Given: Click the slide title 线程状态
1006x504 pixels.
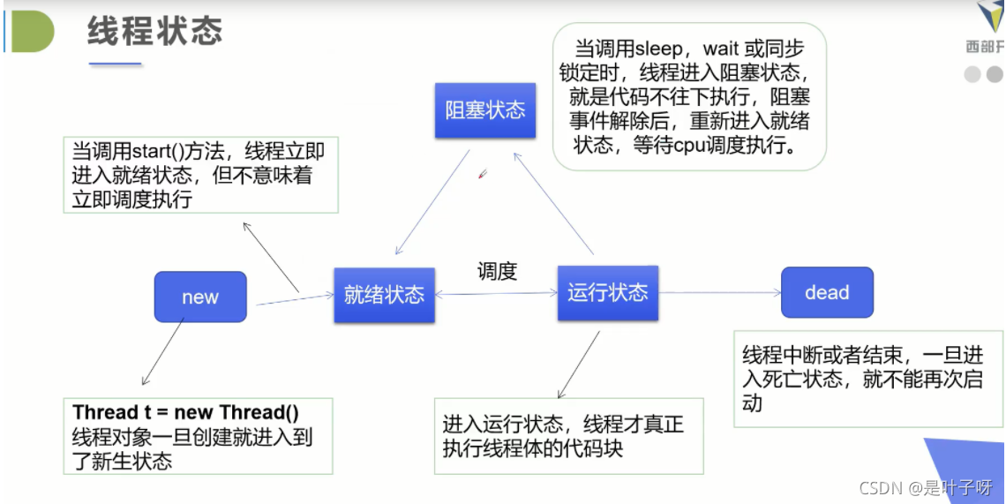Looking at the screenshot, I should [x=154, y=32].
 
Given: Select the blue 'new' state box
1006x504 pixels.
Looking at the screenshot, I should [x=200, y=297].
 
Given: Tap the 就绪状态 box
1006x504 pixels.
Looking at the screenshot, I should [x=384, y=295].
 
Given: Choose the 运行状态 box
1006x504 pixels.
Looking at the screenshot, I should [x=607, y=292].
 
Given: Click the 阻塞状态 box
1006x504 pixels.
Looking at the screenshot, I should [x=484, y=110].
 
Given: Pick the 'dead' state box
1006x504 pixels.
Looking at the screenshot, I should [x=827, y=292].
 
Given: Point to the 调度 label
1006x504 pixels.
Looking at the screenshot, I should [x=497, y=272].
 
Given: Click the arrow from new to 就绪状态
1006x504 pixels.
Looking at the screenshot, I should [x=295, y=300].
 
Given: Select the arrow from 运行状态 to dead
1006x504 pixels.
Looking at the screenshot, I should [x=719, y=292].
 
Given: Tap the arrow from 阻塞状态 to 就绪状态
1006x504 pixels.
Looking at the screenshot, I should [x=432, y=202].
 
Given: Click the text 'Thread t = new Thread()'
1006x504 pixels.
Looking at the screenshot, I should [x=186, y=413].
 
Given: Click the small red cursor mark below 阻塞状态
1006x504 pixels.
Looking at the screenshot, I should [x=483, y=174].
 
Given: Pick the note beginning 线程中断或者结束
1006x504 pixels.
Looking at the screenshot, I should [x=862, y=379].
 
